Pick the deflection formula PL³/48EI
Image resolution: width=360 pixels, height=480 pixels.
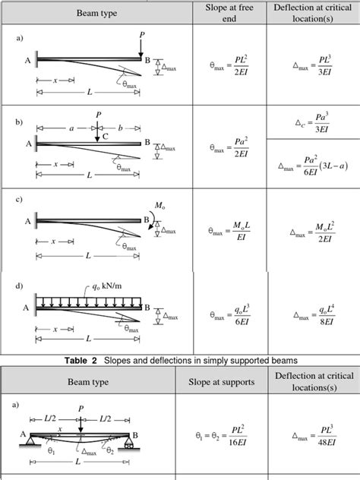tap(313, 439)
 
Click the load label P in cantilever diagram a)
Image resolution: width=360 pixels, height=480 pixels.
tap(142, 35)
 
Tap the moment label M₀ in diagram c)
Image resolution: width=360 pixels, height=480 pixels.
tap(160, 206)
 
